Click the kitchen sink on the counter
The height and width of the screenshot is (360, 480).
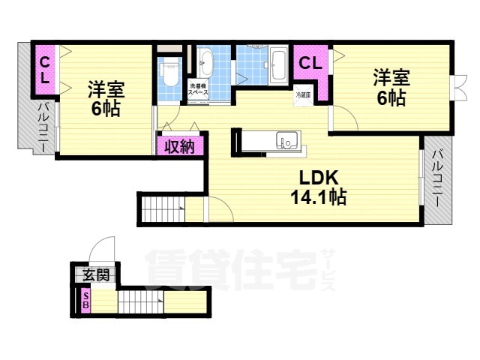click(x=286, y=140)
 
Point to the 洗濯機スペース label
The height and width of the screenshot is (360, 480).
click(x=199, y=89)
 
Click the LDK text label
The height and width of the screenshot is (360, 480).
click(x=319, y=178)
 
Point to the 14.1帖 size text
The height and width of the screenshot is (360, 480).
click(x=319, y=197)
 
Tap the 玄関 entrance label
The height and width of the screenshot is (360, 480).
click(x=96, y=274)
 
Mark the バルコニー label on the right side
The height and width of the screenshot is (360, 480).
click(x=436, y=179)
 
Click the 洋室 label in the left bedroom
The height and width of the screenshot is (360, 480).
click(x=105, y=88)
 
